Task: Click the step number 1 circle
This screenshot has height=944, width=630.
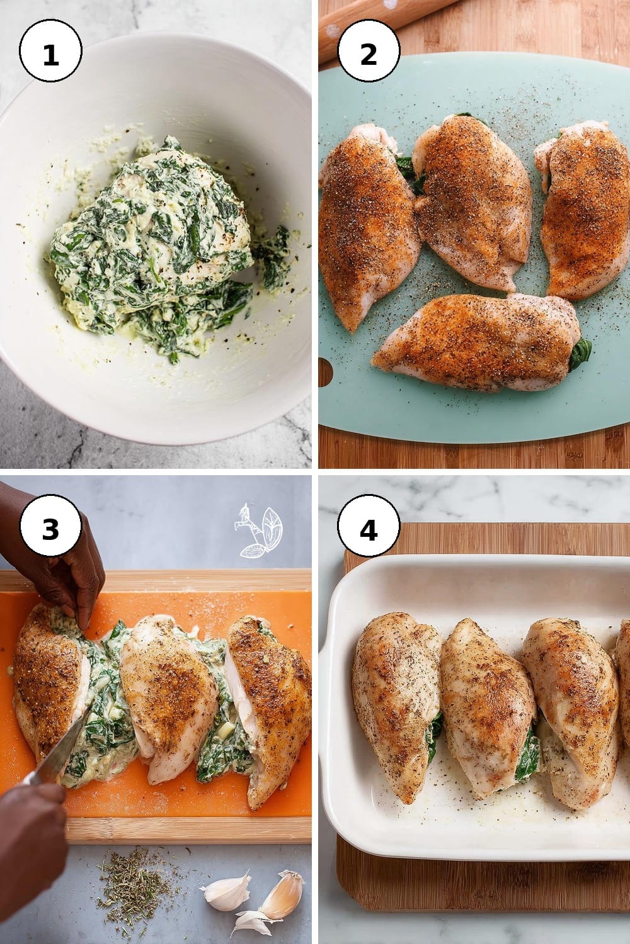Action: tap(50, 50)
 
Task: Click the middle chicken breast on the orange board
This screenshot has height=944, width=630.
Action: tap(169, 695)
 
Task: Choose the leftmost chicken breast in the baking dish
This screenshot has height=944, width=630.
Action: tap(397, 700)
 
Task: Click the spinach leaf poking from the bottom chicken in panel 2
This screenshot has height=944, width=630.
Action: tap(580, 354)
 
